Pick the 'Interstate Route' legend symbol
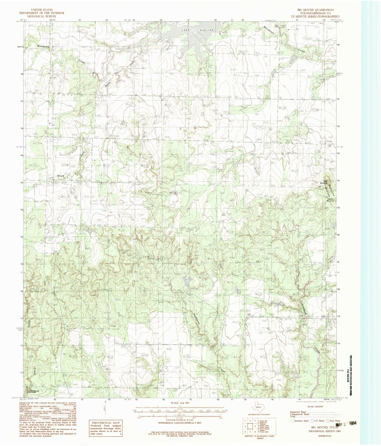(292, 421)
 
